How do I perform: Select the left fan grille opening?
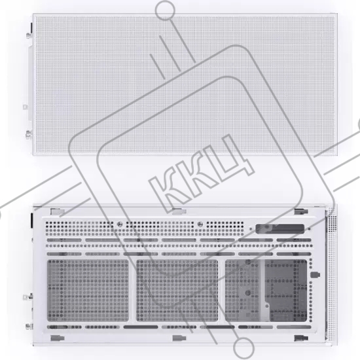click(88, 291)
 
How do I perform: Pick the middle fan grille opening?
click(177, 291)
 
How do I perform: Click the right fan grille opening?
click(266, 291)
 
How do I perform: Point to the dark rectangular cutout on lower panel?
click(279, 228)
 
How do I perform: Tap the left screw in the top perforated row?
click(120, 225)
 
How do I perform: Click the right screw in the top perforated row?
click(200, 224)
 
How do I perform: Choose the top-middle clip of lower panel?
click(179, 211)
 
